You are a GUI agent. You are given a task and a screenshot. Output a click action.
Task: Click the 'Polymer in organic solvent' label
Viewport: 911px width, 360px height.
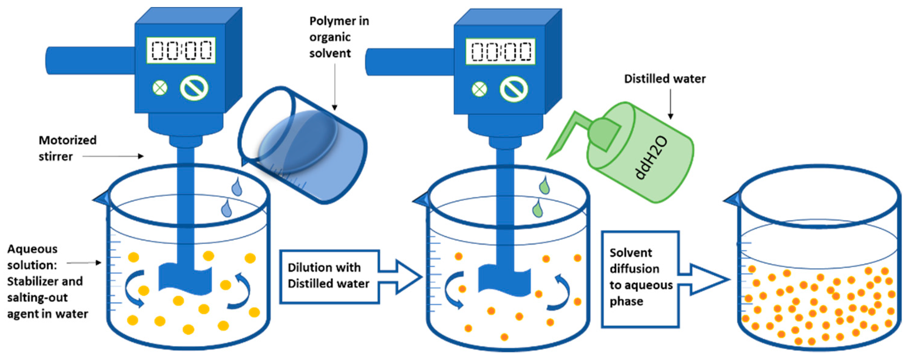pyautogui.click(x=339, y=37)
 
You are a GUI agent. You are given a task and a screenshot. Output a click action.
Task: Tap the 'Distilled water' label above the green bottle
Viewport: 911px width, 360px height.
pyautogui.click(x=664, y=79)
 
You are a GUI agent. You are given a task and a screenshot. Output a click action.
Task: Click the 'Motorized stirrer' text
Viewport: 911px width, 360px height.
pyautogui.click(x=67, y=148)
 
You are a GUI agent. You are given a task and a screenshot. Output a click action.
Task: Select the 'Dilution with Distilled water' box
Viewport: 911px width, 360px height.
pyautogui.click(x=329, y=276)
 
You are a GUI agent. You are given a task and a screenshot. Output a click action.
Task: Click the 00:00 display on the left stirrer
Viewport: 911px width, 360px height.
pyautogui.click(x=181, y=50)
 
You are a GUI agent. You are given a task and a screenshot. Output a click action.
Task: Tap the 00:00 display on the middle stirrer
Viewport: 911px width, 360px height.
pyautogui.click(x=500, y=52)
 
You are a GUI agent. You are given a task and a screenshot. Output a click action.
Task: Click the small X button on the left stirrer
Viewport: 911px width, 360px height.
pyautogui.click(x=160, y=88)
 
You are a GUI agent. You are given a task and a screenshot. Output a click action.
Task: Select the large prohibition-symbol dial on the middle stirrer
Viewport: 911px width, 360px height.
pyautogui.click(x=514, y=90)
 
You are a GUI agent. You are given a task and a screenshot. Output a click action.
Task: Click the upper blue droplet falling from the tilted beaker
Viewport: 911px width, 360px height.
pyautogui.click(x=237, y=187)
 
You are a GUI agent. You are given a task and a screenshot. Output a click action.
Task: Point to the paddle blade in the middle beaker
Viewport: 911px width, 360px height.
pyautogui.click(x=504, y=281)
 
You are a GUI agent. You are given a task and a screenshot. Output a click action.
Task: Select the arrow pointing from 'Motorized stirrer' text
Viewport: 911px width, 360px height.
pyautogui.click(x=113, y=156)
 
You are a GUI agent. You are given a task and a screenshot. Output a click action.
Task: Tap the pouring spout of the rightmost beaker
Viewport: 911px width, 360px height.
pyautogui.click(x=732, y=200)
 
